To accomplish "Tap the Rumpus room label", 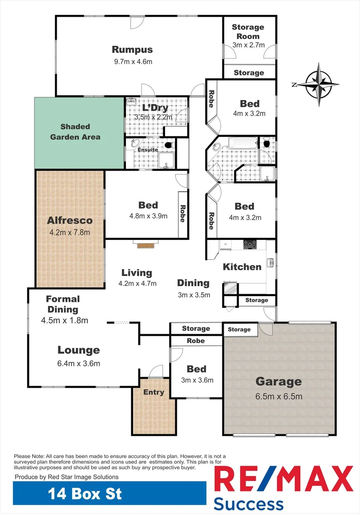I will click(133, 50).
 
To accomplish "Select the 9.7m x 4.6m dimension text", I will click(133, 62).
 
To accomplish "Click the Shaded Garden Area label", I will click(80, 132).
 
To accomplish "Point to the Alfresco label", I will click(70, 221).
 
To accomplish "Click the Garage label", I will click(279, 381).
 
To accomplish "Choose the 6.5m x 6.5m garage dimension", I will click(279, 396).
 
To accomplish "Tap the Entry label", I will click(154, 392).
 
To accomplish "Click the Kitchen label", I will click(242, 267).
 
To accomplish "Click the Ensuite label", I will click(148, 150).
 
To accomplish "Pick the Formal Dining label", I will click(63, 304).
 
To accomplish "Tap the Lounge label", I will click(79, 350).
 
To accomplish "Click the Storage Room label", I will click(248, 32).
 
